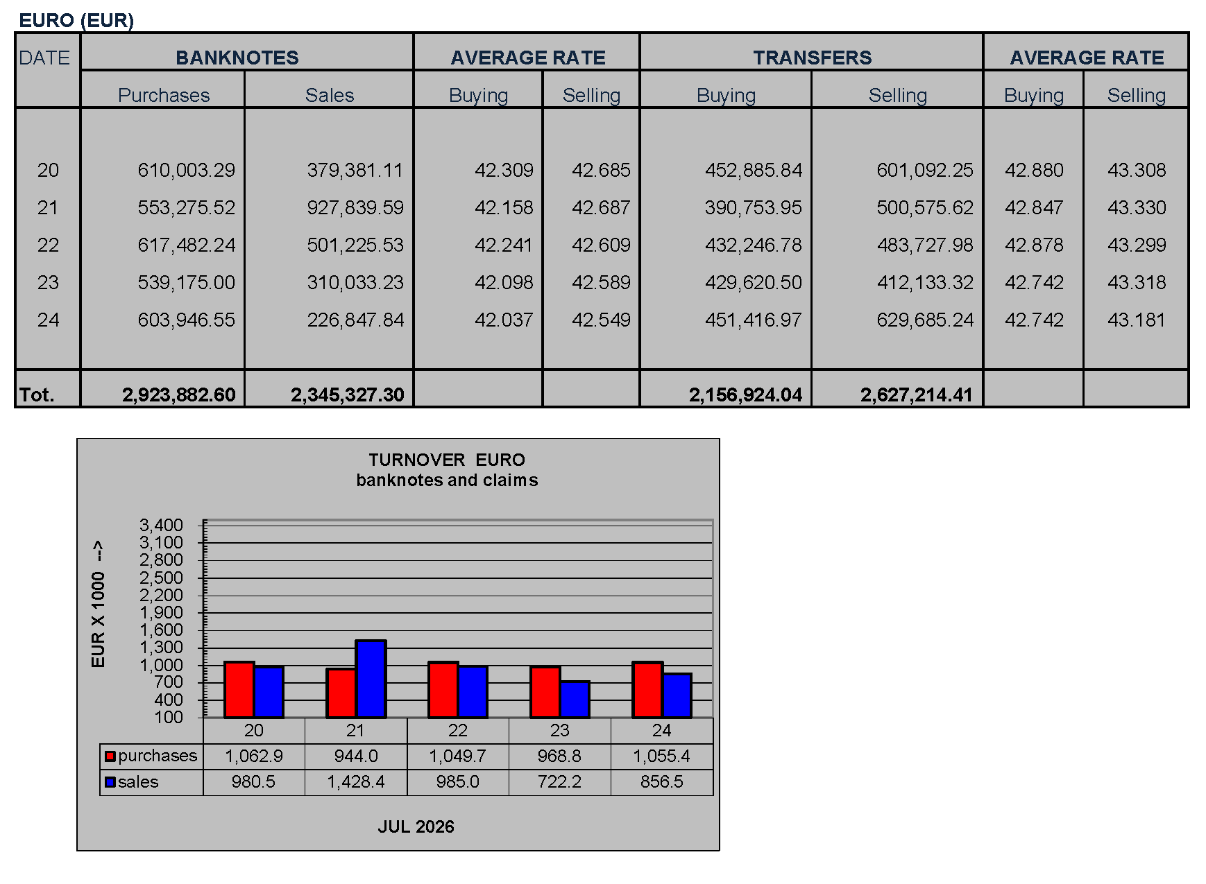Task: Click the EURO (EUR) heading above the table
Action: click(x=76, y=20)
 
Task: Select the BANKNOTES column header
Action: click(x=237, y=58)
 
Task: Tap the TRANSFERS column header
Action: click(x=813, y=58)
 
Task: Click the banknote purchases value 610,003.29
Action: click(x=187, y=170)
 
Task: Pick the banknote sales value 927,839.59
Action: click(x=355, y=207)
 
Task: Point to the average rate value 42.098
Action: click(x=504, y=282)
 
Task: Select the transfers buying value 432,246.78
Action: click(x=754, y=245)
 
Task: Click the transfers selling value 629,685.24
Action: click(x=925, y=320)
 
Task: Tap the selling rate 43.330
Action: click(x=1137, y=207)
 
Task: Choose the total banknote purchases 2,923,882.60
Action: click(x=179, y=395)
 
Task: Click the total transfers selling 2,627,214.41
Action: click(x=917, y=395)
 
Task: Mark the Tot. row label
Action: click(x=37, y=395)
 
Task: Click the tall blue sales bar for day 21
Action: click(x=371, y=679)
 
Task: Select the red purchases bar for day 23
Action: click(x=545, y=692)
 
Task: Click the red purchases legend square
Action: click(x=110, y=756)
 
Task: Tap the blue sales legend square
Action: click(x=110, y=782)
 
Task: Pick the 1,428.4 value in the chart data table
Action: click(x=356, y=782)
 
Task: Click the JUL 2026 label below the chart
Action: click(x=416, y=826)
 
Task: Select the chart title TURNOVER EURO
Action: click(x=447, y=460)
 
